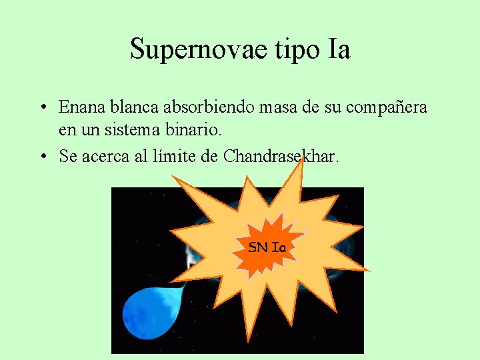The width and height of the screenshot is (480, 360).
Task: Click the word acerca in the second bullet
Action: (x=105, y=157)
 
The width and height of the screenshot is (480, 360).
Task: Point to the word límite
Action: (x=175, y=157)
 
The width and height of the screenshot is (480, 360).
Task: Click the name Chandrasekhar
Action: (x=281, y=157)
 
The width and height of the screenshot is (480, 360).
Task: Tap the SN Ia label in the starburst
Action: (x=267, y=247)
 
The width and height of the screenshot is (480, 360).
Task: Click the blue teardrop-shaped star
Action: (x=150, y=313)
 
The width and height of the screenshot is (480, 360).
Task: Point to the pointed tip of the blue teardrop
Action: (x=183, y=286)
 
